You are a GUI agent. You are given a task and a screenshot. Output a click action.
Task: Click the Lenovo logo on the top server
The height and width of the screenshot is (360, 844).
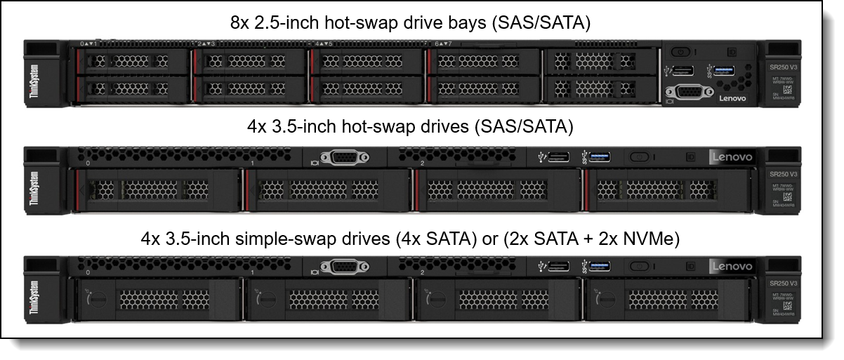(733, 99)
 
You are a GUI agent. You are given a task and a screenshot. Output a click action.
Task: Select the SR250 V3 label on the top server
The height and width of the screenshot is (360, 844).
(781, 67)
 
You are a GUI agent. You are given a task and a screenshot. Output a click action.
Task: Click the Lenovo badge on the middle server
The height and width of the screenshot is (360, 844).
(732, 157)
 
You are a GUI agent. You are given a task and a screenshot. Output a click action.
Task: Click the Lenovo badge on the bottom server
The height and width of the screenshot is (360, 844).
(732, 267)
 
